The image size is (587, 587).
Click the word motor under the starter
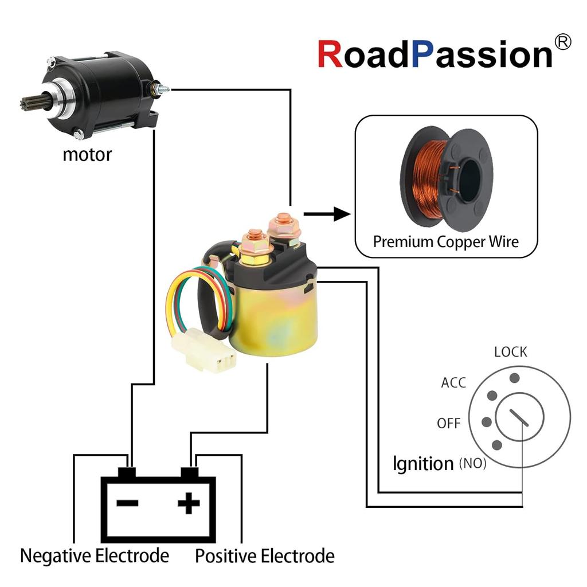(87, 154)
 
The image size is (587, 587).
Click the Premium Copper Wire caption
(445, 241)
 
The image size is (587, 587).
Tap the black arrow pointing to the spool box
(326, 215)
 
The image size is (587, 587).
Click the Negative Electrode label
(95, 555)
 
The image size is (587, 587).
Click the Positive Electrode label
(264, 555)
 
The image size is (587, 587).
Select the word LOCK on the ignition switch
(510, 352)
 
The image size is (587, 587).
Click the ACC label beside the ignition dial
(453, 382)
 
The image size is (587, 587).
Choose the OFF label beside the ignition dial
(449, 424)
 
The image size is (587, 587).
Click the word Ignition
(423, 463)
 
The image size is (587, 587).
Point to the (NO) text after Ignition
(472, 464)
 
